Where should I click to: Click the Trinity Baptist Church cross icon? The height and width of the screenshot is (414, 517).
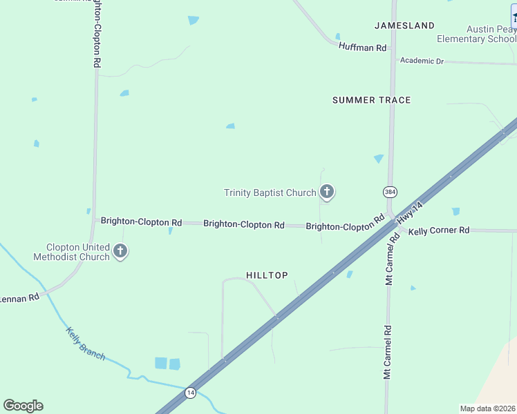(x=327, y=192)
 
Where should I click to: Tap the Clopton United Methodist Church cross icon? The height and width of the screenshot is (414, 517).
(x=120, y=250)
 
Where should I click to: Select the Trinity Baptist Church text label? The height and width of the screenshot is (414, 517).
(x=270, y=193)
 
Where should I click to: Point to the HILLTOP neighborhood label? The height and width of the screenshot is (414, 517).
(x=267, y=275)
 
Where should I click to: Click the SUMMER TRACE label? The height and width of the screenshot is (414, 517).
(x=371, y=100)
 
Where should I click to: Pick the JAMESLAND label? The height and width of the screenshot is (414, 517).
(x=404, y=26)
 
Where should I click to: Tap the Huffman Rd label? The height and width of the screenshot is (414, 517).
(x=362, y=47)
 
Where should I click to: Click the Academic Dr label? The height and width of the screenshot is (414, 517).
(x=422, y=61)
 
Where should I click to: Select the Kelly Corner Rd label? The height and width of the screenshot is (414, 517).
(x=438, y=230)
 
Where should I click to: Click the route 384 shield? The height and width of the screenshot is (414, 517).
(x=389, y=190)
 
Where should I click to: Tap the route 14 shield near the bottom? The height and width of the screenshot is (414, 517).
(x=190, y=393)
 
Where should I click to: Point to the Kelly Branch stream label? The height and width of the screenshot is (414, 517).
(x=86, y=343)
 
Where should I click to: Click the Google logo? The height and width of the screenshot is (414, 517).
(x=23, y=406)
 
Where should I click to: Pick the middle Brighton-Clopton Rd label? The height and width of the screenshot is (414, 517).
(x=244, y=224)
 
